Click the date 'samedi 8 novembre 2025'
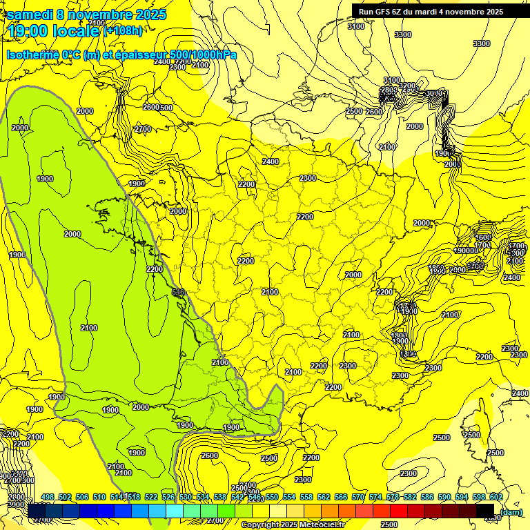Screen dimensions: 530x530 [x=86, y=14]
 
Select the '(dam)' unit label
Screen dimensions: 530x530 [x=511, y=511]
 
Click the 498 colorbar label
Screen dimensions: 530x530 [x=48, y=497]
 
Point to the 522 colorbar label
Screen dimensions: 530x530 [x=151, y=497]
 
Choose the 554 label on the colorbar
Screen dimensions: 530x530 [x=289, y=497]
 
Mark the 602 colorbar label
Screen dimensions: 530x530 [x=495, y=497]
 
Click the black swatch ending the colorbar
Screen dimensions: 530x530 [x=485, y=511]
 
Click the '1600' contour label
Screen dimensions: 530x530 [x=483, y=237]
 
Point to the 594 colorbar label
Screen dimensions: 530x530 [x=462, y=497]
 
